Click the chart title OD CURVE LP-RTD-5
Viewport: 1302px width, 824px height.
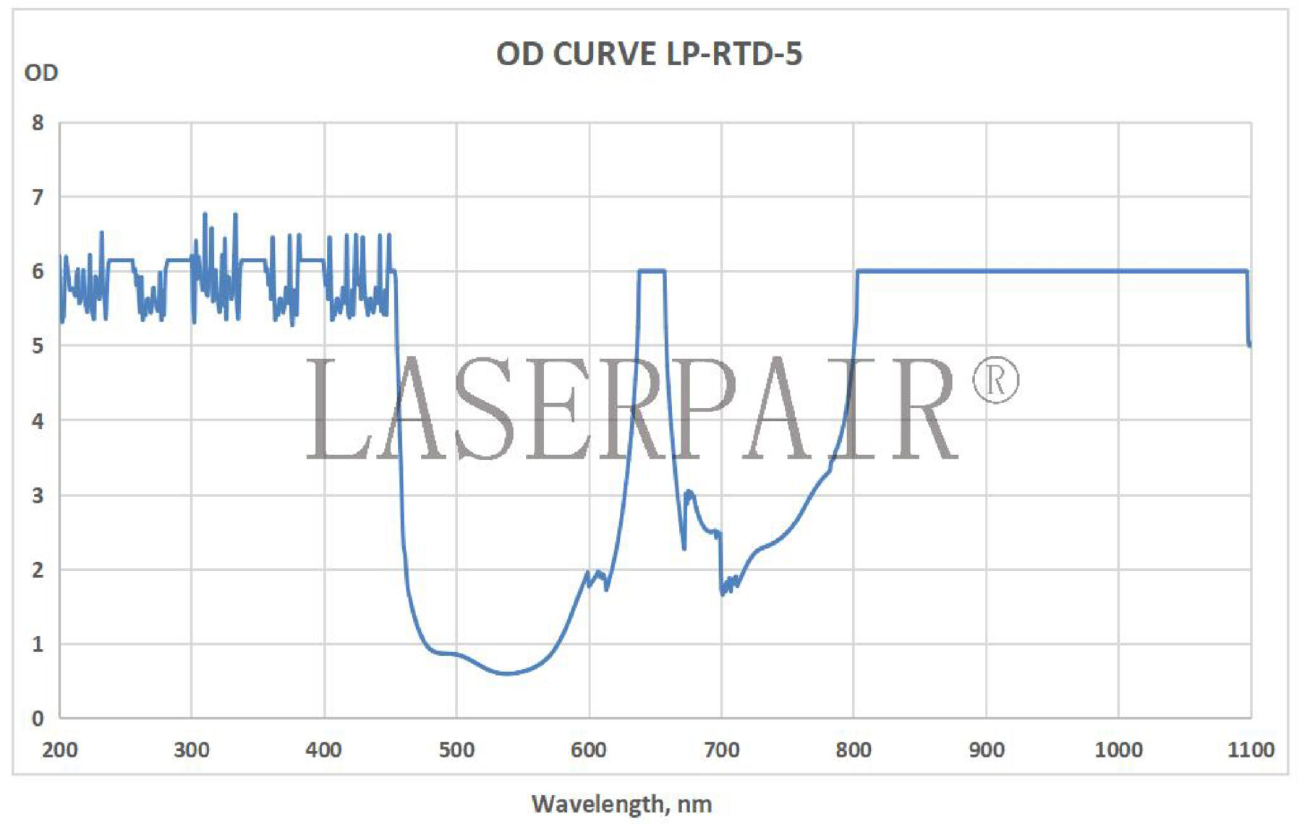[649, 54]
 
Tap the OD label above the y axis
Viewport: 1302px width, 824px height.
[41, 73]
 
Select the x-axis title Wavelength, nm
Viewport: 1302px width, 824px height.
[621, 804]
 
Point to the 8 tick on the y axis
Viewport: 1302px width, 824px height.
[38, 123]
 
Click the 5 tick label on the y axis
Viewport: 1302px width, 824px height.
[38, 346]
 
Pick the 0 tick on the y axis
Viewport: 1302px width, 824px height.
[38, 718]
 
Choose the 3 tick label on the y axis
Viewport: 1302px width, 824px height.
[38, 496]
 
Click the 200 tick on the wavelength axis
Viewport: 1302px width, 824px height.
[59, 749]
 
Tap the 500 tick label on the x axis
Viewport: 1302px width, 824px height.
[456, 749]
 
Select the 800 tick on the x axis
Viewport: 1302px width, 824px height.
[854, 749]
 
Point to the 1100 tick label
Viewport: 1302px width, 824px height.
[1251, 749]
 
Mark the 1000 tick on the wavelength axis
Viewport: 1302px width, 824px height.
[1118, 749]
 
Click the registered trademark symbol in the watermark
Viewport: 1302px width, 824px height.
[995, 380]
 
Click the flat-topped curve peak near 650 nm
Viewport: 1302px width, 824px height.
[651, 271]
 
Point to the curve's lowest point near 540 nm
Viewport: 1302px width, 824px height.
[506, 674]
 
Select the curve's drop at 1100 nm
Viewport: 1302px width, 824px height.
[1249, 340]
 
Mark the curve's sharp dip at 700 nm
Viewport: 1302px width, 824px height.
[722, 592]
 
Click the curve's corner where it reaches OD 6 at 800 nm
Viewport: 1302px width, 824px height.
[857, 272]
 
